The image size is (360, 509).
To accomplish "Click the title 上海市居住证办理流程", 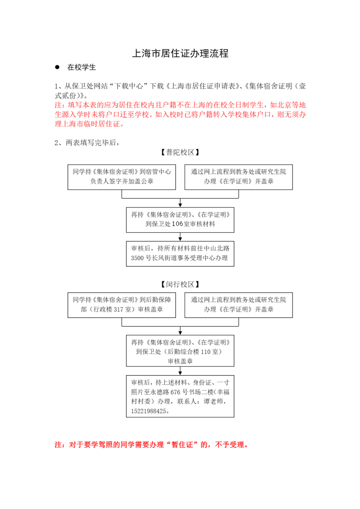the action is (x=180, y=53).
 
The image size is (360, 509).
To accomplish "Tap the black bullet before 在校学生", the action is (x=57, y=67).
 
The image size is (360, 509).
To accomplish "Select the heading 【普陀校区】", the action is (x=180, y=152).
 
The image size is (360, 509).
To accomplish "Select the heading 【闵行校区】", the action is (x=180, y=284).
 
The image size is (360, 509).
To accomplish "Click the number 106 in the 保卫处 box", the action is (x=178, y=224).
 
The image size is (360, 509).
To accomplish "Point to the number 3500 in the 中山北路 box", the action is (x=137, y=258).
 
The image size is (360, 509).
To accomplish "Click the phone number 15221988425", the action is (x=149, y=411).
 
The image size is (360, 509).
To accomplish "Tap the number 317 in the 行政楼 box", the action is (x=118, y=309).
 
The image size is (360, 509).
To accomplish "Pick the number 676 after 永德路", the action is (x=175, y=392).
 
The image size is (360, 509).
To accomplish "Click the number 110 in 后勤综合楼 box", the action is (x=206, y=352).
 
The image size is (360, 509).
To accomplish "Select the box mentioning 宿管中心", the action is (x=122, y=177).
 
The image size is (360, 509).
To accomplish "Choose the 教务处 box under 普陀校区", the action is (x=238, y=177).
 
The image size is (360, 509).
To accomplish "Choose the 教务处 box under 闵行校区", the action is (x=238, y=305).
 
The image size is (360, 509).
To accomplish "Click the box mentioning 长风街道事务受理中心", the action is (x=180, y=254).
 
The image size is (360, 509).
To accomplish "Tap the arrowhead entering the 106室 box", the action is (x=180, y=205).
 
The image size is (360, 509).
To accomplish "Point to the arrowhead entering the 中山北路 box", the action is (x=180, y=239).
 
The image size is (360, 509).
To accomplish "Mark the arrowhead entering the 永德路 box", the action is (x=180, y=373).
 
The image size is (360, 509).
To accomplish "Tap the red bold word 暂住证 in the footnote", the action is (x=182, y=445).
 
